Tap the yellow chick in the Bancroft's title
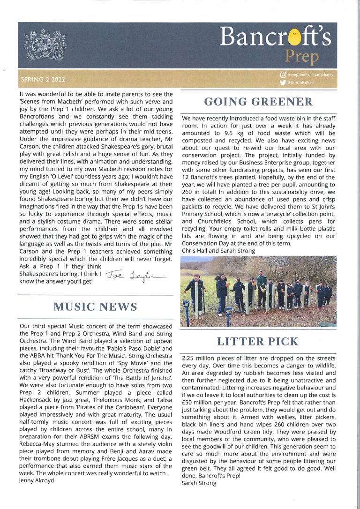tap(294, 36)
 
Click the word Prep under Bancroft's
tap(302, 57)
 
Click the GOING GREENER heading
tap(259, 102)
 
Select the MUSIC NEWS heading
tap(95, 307)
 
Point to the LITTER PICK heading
tap(258, 342)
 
